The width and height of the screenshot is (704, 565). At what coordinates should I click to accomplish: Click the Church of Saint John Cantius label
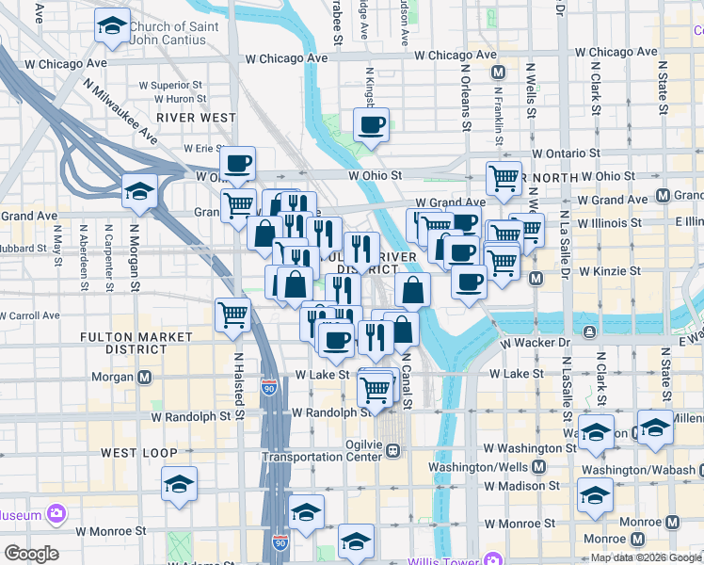pos(180,33)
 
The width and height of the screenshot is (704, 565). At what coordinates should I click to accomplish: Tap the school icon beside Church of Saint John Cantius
pos(112,28)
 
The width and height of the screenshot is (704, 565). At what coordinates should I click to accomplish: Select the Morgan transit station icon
pos(145,378)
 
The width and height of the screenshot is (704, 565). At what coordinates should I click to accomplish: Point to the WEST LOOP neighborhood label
pos(139,453)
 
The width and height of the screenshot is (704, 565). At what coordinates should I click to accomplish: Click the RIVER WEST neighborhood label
pos(196,117)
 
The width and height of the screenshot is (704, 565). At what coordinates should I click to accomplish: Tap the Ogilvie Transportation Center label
pos(323,450)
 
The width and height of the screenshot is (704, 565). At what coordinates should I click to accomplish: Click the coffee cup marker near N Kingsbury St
pos(371,125)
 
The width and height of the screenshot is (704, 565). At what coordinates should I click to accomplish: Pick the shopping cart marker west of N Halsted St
pos(232,316)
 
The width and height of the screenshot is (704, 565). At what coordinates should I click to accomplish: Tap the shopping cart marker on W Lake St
pos(376,389)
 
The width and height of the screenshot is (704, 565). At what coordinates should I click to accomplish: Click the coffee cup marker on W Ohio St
pos(239,166)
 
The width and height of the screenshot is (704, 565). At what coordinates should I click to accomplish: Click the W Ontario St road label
pos(566,153)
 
